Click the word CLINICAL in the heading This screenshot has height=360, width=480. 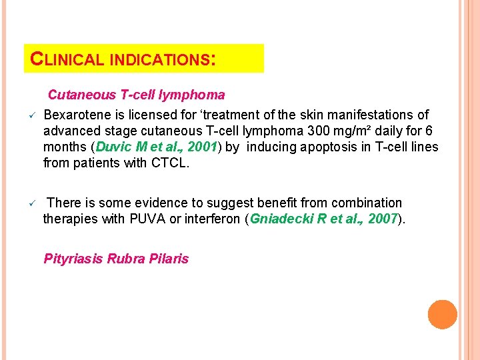tap(67, 59)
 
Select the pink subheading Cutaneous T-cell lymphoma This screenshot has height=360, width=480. tap(136, 95)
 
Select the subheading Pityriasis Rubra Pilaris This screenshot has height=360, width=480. tap(116, 259)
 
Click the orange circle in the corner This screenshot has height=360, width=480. tap(442, 314)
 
